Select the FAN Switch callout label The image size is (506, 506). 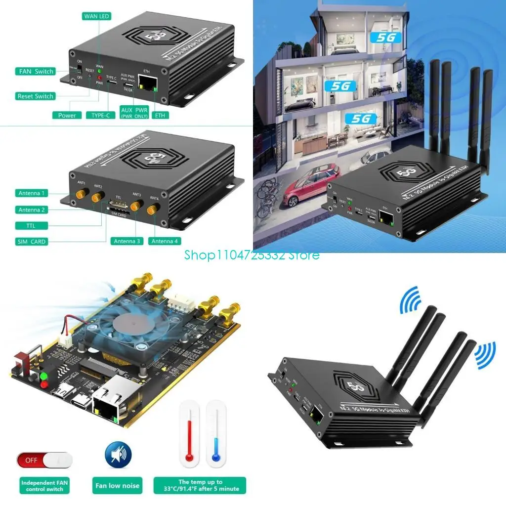click(36, 71)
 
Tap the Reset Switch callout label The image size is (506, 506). click(35, 96)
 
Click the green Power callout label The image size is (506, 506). click(67, 115)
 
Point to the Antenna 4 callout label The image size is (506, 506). click(166, 241)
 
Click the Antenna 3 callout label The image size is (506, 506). click(126, 241)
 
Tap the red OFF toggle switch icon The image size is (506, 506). click(44, 460)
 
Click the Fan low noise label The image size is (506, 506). click(118, 485)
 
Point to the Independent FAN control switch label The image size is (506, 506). click(42, 485)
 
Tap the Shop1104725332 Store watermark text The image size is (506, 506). click(252, 255)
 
